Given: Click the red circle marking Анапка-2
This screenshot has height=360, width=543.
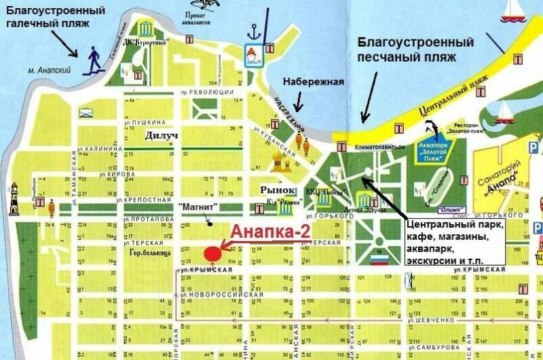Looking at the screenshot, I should point(212,253).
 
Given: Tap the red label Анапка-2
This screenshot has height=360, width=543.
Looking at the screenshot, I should point(271,231).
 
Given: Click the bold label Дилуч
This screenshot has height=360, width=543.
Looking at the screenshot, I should point(162,136).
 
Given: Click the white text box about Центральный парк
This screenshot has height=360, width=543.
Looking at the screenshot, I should point(454,241).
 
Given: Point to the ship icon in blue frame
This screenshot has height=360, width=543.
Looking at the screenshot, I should point(254,56).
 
